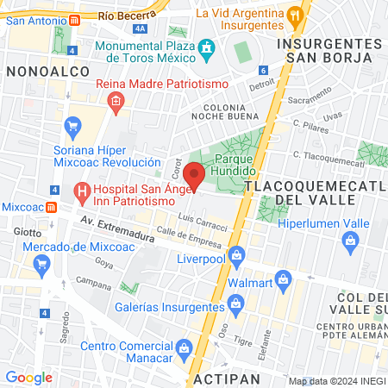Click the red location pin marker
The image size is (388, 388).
click(194, 175)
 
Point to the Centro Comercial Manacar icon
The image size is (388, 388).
click(183, 347)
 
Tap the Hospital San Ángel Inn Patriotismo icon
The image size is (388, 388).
click(81, 190)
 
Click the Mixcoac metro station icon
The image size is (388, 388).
click(52, 207)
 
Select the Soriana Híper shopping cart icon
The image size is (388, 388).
click(72, 125)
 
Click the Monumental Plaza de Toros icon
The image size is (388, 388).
click(206, 51)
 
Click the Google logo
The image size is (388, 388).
click(28, 377)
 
